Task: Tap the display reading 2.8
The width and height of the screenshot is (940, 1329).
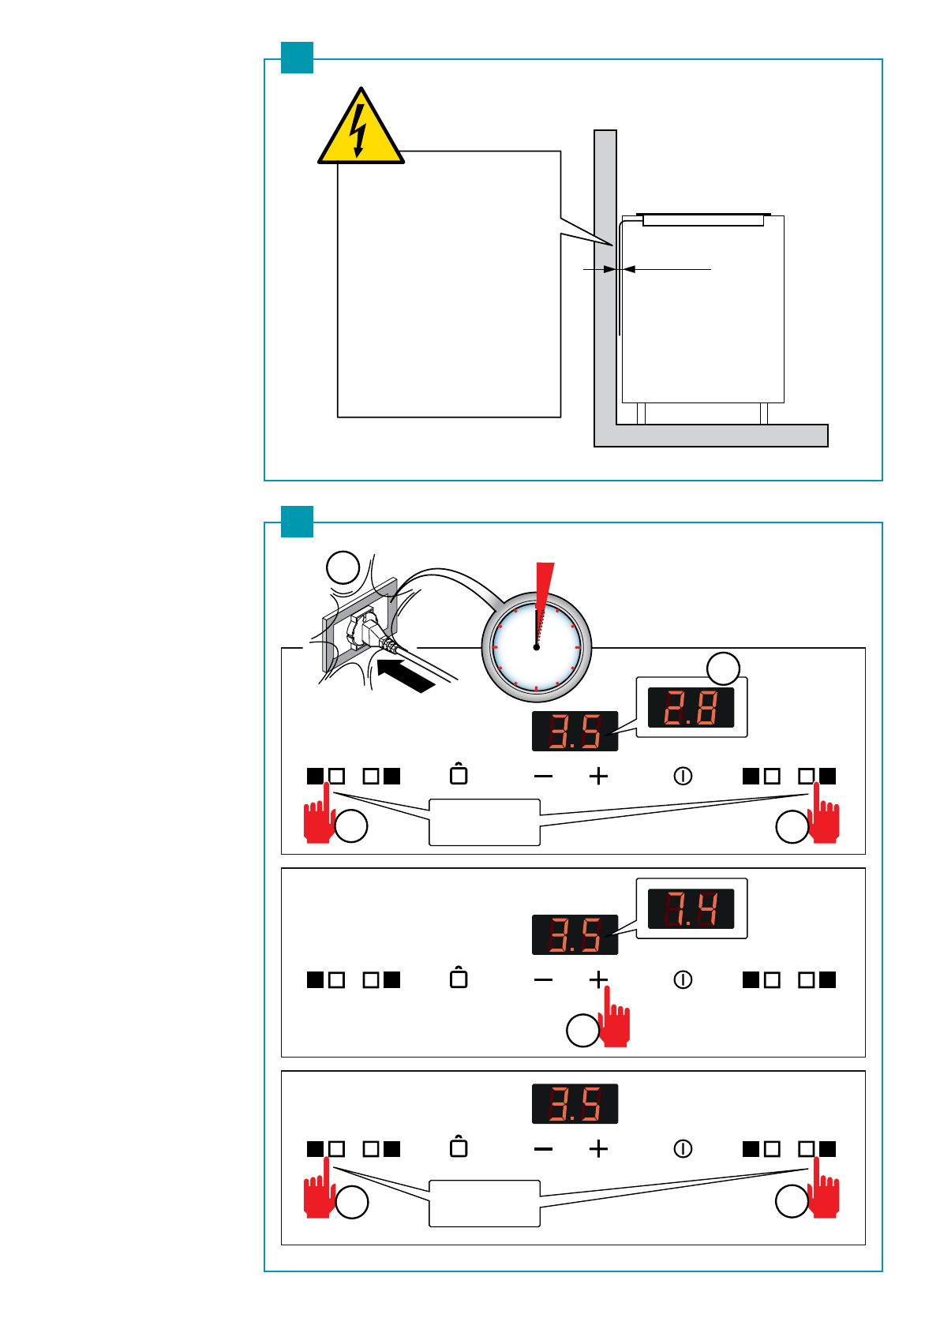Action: point(691,707)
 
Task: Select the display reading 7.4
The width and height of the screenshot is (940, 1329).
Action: point(691,908)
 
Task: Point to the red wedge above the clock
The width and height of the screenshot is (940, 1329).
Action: point(543,586)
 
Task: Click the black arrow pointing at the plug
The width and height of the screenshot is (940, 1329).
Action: point(406,676)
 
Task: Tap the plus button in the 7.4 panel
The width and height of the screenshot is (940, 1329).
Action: point(598,979)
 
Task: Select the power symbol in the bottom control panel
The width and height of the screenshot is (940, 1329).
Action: point(683,1148)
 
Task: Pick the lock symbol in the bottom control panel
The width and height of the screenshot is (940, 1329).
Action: point(459,1147)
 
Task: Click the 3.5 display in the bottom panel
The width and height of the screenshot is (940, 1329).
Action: point(575,1103)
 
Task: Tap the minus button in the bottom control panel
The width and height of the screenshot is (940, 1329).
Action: point(543,1149)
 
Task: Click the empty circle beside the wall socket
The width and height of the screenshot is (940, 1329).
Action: point(343,567)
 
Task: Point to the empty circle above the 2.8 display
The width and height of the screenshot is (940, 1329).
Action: point(723,668)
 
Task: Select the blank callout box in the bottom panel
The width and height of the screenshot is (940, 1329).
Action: point(484,1203)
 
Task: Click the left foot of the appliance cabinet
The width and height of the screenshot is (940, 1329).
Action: point(641,414)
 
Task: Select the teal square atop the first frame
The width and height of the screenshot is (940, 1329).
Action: point(298,58)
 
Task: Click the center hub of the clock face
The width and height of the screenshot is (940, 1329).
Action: point(536,647)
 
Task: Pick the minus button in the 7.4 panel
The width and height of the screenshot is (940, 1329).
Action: point(543,979)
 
